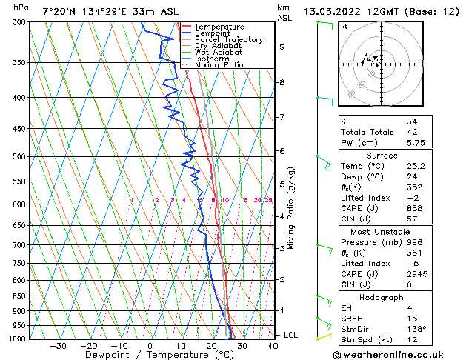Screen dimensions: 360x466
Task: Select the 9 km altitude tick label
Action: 282,47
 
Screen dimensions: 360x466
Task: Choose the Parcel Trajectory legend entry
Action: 228,40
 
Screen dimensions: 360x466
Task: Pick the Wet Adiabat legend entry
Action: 219,53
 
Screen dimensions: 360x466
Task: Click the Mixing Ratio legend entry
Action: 219,65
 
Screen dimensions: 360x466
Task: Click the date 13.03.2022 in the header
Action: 329,11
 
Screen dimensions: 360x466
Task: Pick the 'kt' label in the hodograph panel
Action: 344,27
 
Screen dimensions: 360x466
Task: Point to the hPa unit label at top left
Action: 21,7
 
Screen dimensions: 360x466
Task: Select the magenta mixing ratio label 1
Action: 131,200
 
